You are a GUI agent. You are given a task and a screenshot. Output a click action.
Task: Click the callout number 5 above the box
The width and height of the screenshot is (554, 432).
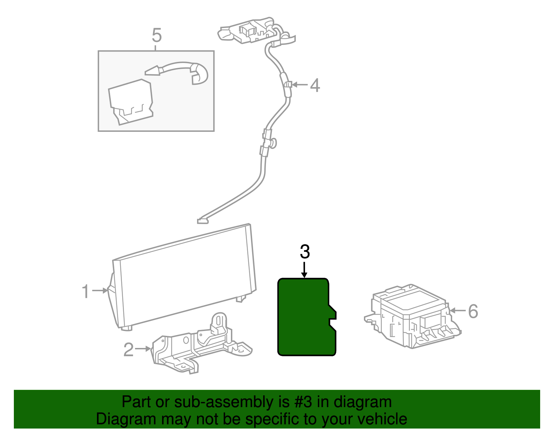point(157,35)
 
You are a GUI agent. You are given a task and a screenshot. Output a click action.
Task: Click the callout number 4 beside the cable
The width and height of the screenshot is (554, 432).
point(314,85)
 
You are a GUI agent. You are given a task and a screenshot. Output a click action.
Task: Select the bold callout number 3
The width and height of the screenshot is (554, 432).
point(305,252)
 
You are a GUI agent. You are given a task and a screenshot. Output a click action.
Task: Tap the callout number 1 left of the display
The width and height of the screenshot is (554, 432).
point(86,291)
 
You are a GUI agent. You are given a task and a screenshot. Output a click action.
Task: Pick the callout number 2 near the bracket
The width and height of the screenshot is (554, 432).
point(128,350)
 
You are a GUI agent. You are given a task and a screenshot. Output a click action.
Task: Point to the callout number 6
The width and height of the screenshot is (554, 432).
point(473,311)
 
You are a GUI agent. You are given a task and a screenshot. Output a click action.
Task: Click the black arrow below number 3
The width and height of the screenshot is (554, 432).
point(304,270)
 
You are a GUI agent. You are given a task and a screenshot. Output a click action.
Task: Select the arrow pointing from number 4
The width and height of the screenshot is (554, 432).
point(300,84)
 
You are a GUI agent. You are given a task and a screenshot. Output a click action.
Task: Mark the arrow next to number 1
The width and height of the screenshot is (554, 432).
point(100,291)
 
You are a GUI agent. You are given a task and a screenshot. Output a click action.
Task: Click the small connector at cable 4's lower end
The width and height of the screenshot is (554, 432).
point(202,221)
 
